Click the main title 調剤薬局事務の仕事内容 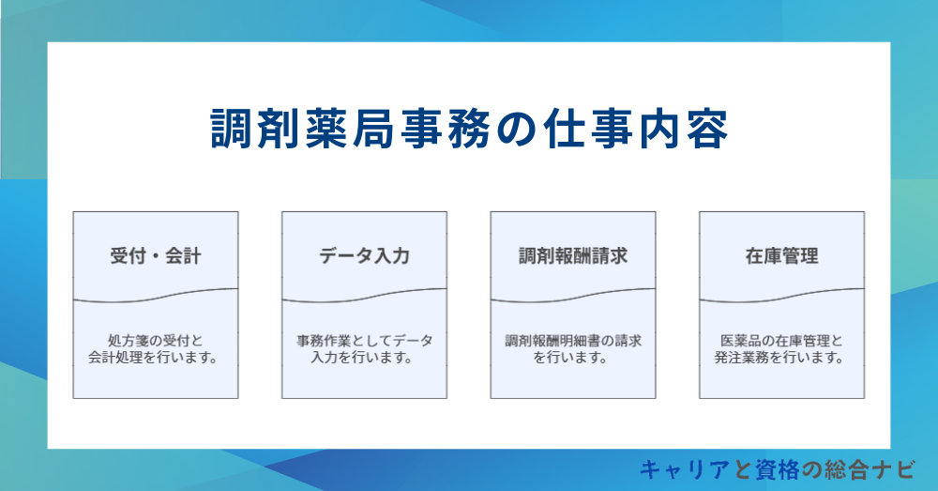coord(468,130)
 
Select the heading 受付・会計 coord(156,255)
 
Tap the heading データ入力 coord(364,255)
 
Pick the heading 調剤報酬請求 coord(573,255)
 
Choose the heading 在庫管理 coord(781,255)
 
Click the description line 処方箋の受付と coord(156,341)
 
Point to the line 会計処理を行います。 coord(156,358)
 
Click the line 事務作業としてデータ coord(364,341)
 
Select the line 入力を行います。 coord(364,358)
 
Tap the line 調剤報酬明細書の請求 coord(573,341)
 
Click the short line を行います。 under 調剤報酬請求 coord(573,358)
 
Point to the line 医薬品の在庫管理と coord(781,341)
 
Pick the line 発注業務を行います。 coord(781,358)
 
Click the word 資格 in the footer coord(761,468)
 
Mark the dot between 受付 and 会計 coord(156,256)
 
